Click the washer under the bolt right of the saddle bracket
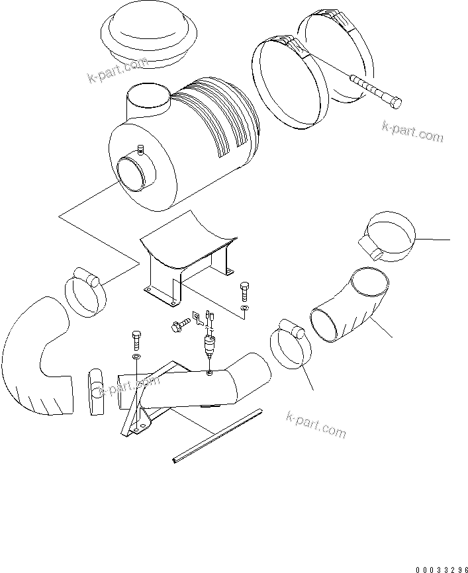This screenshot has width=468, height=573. coord(245,308)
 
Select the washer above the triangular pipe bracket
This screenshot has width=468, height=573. coord(135,357)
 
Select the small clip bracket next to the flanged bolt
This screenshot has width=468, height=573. coord(197,319)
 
